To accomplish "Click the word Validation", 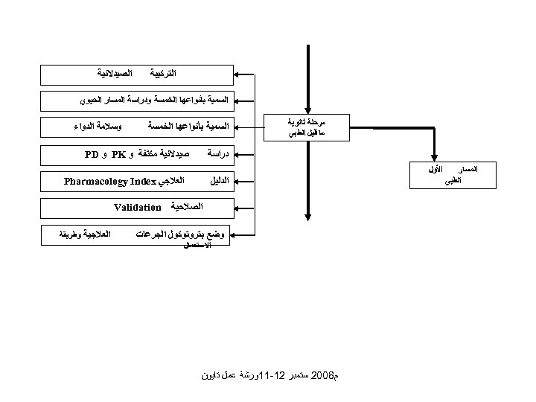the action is [138, 208].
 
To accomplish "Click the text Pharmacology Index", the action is [109, 181].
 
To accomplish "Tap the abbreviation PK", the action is [118, 155].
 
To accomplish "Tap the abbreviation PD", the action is [92, 155].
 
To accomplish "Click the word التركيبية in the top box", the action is [164, 74].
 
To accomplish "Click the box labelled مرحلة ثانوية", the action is [306, 127].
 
